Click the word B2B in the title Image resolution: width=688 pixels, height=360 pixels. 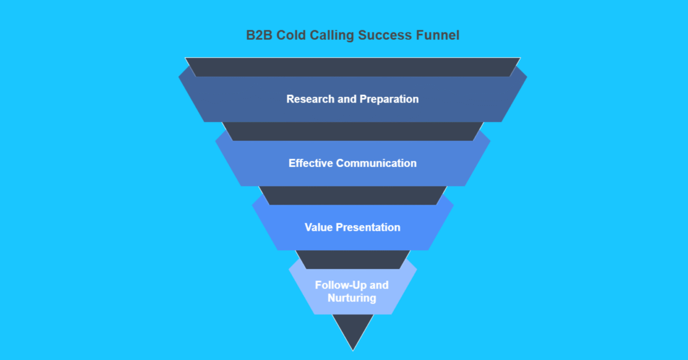click(x=259, y=35)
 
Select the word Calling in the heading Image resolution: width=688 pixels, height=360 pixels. click(x=332, y=35)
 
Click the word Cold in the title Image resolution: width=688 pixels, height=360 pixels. click(x=291, y=35)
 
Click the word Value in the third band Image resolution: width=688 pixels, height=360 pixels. click(x=318, y=227)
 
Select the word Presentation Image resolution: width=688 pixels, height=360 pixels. click(x=368, y=227)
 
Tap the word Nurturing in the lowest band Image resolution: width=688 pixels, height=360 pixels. click(x=352, y=298)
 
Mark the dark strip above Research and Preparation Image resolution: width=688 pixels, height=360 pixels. click(x=353, y=67)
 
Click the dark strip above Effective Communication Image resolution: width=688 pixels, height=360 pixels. click(x=353, y=131)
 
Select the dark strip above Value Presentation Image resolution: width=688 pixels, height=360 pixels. click(x=353, y=196)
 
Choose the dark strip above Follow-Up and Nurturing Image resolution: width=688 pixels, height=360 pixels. click(x=353, y=260)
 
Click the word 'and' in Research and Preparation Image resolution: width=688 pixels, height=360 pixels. click(x=347, y=99)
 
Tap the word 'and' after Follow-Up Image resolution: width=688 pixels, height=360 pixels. click(x=379, y=285)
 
